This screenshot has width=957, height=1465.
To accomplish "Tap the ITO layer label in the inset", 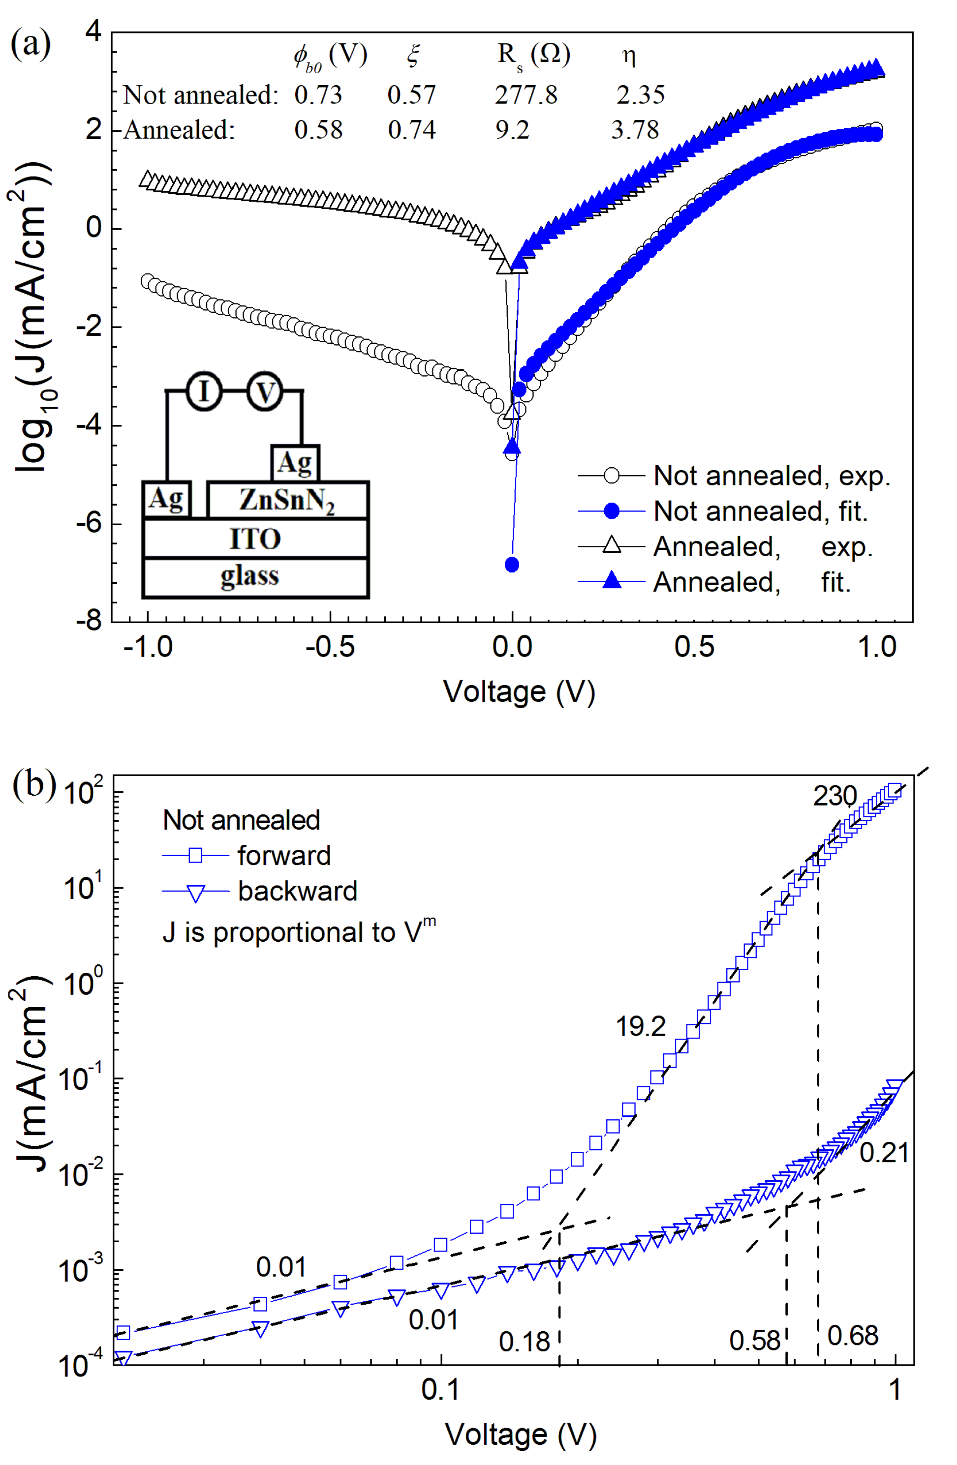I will click(255, 539).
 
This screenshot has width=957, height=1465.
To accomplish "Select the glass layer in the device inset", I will click(250, 576).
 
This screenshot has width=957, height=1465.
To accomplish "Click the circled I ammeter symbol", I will click(204, 391).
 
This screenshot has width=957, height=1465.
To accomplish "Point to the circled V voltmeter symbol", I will click(265, 391).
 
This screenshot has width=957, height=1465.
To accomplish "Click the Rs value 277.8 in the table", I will click(526, 95).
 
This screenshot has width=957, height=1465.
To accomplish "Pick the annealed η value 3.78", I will click(635, 130).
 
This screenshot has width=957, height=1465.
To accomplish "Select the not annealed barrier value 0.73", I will click(318, 95).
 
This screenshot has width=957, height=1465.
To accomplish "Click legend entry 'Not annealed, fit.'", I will click(760, 511).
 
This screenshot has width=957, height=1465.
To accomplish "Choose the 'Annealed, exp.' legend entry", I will click(762, 546).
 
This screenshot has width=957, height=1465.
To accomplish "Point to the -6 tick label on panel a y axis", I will click(89, 523).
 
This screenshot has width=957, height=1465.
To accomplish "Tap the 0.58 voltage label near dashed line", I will click(754, 1341).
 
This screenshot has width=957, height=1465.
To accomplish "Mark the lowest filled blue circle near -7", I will click(512, 565).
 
